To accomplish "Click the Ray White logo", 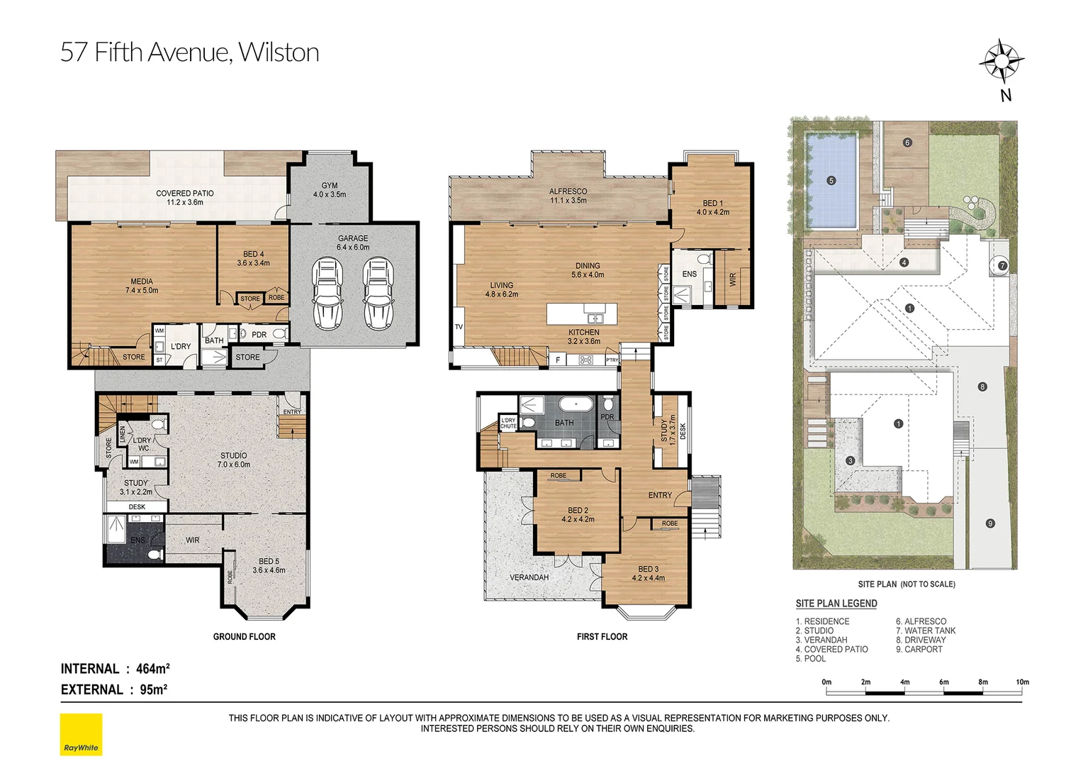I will point(81,735).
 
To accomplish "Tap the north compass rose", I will point(1001,62).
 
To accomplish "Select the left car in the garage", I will point(327,294).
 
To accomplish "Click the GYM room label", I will point(330,186).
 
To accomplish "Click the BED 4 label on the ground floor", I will point(253,254).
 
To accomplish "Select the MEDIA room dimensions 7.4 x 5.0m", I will point(142,291).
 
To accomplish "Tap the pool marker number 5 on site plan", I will point(831,181).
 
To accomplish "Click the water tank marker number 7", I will point(1001,266).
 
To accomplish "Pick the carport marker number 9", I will point(989,523).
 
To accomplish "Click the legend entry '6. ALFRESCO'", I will point(921,621).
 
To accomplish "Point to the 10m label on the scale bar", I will point(1021,682).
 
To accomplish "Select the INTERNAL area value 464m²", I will point(152,669).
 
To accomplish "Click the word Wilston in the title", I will point(279,52).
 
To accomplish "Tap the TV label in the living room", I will point(459,327).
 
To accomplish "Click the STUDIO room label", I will point(233,455).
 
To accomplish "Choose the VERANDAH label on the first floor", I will point(529,577).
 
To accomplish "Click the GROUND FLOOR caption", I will point(244,637).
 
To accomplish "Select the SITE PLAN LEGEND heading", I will point(836,604).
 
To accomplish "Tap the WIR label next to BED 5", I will point(193,540).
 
